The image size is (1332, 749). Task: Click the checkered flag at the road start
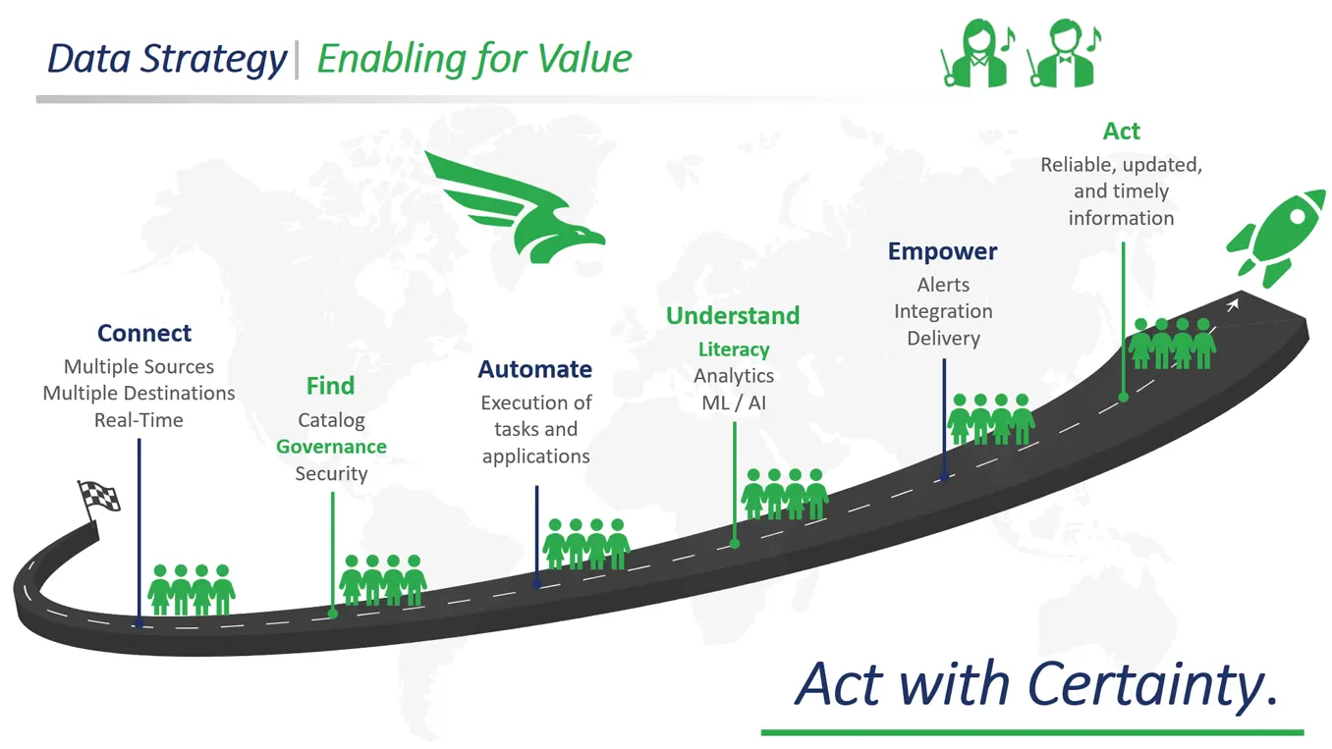pyautogui.click(x=98, y=501)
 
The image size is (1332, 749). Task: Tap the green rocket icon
pyautogui.click(x=1276, y=239)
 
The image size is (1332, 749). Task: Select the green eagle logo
pyautogui.click(x=515, y=207)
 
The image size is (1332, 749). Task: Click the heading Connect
pyautogui.click(x=144, y=333)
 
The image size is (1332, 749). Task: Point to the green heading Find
pyautogui.click(x=331, y=386)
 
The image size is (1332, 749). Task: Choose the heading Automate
pyautogui.click(x=535, y=369)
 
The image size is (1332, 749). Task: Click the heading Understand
pyautogui.click(x=733, y=316)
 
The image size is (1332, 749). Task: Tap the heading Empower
pyautogui.click(x=942, y=252)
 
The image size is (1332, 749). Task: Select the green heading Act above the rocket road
pyautogui.click(x=1122, y=131)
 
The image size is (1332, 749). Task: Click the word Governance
pyautogui.click(x=331, y=447)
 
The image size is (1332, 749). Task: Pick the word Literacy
pyautogui.click(x=734, y=349)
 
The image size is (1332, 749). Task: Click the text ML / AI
pyautogui.click(x=734, y=403)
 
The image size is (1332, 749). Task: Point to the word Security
pyautogui.click(x=331, y=474)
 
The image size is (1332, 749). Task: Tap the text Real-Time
pyautogui.click(x=139, y=420)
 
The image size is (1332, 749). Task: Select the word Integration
pyautogui.click(x=943, y=311)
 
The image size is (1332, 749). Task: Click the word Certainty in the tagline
pyautogui.click(x=1152, y=684)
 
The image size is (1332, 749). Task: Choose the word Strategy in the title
pyautogui.click(x=213, y=60)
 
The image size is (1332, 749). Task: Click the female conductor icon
pyautogui.click(x=977, y=52)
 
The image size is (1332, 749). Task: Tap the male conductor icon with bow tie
pyautogui.click(x=1063, y=52)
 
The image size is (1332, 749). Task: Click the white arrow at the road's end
pyautogui.click(x=1233, y=305)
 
